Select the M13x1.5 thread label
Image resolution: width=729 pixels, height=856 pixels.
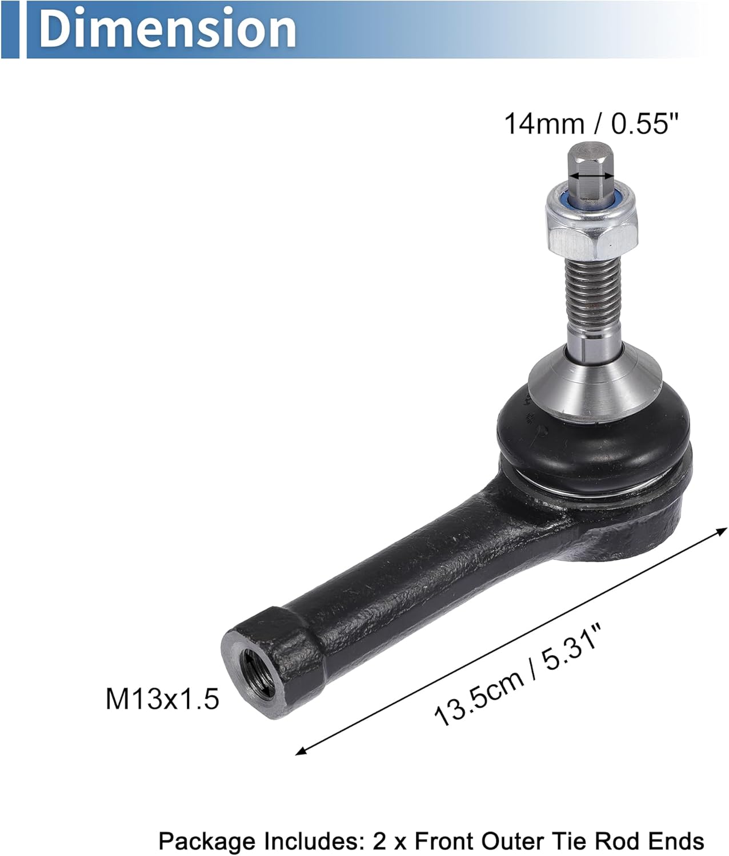tap(162, 698)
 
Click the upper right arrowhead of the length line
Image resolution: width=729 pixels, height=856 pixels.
tap(720, 531)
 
